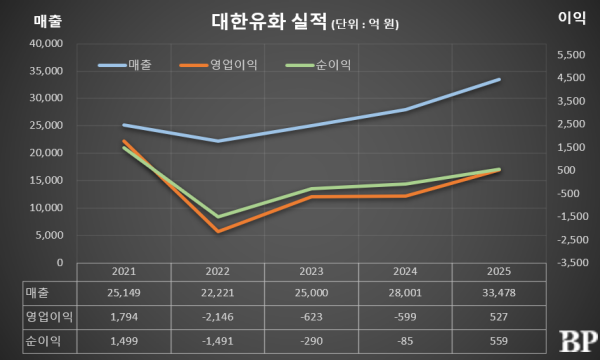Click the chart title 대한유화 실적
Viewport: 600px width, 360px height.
[269, 22]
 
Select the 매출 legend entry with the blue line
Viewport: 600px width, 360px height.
[125, 65]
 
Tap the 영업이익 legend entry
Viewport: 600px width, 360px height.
[218, 65]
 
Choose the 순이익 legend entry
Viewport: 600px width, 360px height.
[318, 65]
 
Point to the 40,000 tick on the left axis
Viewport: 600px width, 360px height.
[46, 44]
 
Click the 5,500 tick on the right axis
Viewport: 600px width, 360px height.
[571, 55]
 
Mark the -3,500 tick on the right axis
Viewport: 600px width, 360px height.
[572, 262]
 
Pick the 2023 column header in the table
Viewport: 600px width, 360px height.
[311, 271]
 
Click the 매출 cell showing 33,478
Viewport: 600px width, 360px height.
[499, 293]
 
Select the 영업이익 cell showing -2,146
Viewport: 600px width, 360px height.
[218, 317]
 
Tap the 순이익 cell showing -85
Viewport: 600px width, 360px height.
[405, 341]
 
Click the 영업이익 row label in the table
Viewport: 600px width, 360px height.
[49, 317]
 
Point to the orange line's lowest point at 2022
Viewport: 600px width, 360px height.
[218, 231]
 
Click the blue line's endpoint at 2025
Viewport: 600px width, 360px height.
[499, 80]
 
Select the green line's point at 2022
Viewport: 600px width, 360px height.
[218, 217]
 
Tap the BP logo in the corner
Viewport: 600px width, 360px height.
[578, 341]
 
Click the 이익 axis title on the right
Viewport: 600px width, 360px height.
[572, 18]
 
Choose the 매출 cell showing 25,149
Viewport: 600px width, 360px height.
[124, 293]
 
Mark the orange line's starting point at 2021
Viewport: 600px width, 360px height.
[124, 141]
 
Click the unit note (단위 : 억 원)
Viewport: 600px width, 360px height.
[365, 24]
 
